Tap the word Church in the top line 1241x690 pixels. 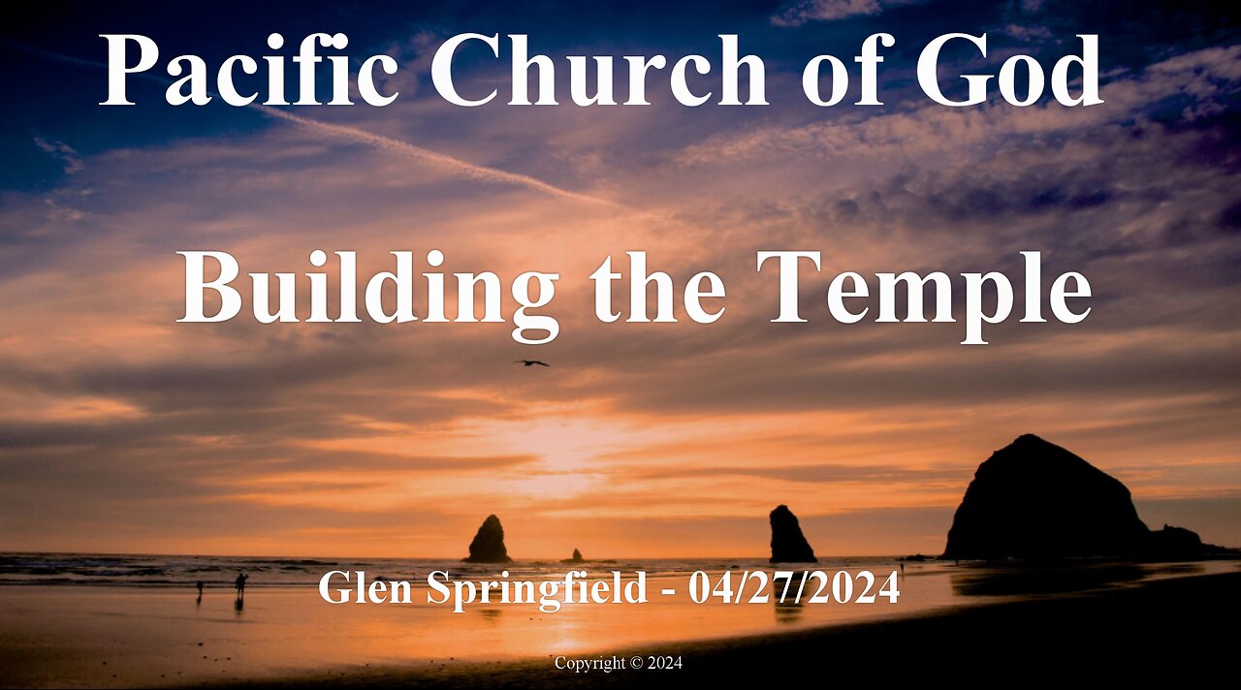click(x=599, y=70)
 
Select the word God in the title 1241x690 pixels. click(x=1008, y=70)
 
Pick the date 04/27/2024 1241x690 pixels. click(x=793, y=588)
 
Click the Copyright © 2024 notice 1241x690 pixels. click(x=619, y=664)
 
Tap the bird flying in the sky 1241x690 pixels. click(x=530, y=363)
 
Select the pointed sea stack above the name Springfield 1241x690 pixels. click(x=489, y=541)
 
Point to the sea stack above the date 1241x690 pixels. click(x=790, y=536)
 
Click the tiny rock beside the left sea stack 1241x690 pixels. click(x=576, y=556)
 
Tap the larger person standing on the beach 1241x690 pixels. click(x=240, y=583)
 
